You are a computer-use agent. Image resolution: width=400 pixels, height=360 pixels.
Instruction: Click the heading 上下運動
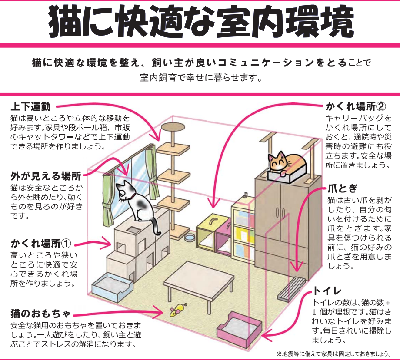pyautogui.click(x=31, y=106)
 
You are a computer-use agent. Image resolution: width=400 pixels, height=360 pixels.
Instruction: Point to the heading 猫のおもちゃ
pyautogui.click(x=40, y=313)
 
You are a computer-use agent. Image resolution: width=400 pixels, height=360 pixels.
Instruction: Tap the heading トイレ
pyautogui.click(x=327, y=291)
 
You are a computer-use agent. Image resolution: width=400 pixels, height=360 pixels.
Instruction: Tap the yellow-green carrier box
pyautogui.click(x=208, y=232)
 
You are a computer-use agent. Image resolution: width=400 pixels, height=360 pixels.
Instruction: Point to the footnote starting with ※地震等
pyautogui.click(x=330, y=353)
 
